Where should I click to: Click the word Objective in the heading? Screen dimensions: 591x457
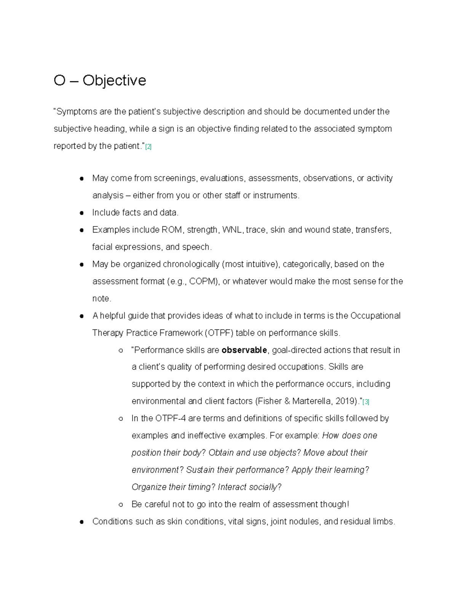click(114, 81)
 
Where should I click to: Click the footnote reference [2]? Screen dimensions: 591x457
click(149, 147)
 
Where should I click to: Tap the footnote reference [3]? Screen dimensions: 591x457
click(366, 402)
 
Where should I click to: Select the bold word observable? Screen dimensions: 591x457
click(244, 350)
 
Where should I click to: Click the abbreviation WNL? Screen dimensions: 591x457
click(232, 230)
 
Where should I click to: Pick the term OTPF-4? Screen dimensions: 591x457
click(170, 419)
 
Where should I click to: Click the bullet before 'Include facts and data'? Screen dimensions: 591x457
click(81, 213)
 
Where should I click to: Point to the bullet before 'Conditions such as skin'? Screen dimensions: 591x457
click(81, 522)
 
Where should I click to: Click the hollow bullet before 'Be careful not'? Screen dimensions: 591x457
click(121, 505)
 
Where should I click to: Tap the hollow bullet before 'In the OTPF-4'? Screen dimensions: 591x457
click(121, 419)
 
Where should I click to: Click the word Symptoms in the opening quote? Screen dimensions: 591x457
click(77, 112)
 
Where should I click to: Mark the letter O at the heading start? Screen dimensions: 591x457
click(59, 81)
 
